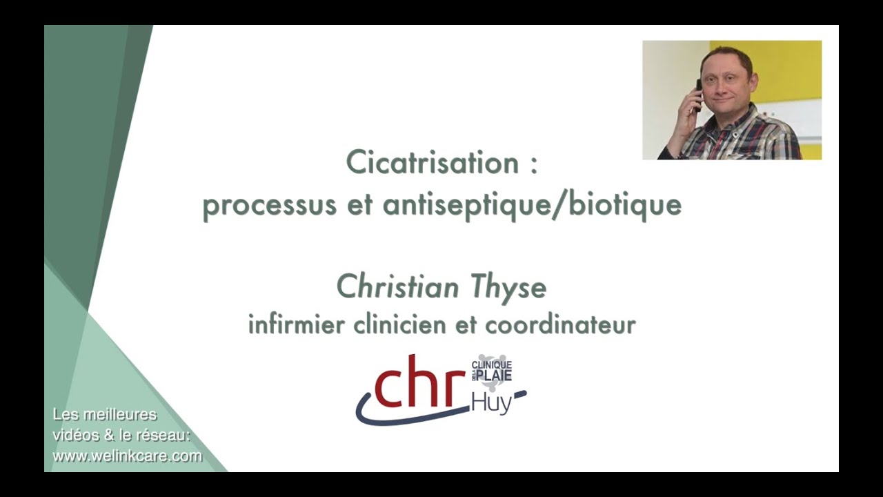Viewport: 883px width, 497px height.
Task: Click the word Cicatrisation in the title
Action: [x=432, y=162]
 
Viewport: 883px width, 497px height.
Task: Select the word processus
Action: [x=269, y=206]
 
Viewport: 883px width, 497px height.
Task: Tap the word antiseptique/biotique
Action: [x=532, y=205]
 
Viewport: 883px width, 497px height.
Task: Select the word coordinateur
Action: [x=560, y=324]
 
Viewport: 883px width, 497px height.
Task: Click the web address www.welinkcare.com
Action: [x=128, y=456]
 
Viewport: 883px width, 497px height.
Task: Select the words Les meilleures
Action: [x=105, y=415]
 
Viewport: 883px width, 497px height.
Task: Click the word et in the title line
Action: [x=359, y=206]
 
